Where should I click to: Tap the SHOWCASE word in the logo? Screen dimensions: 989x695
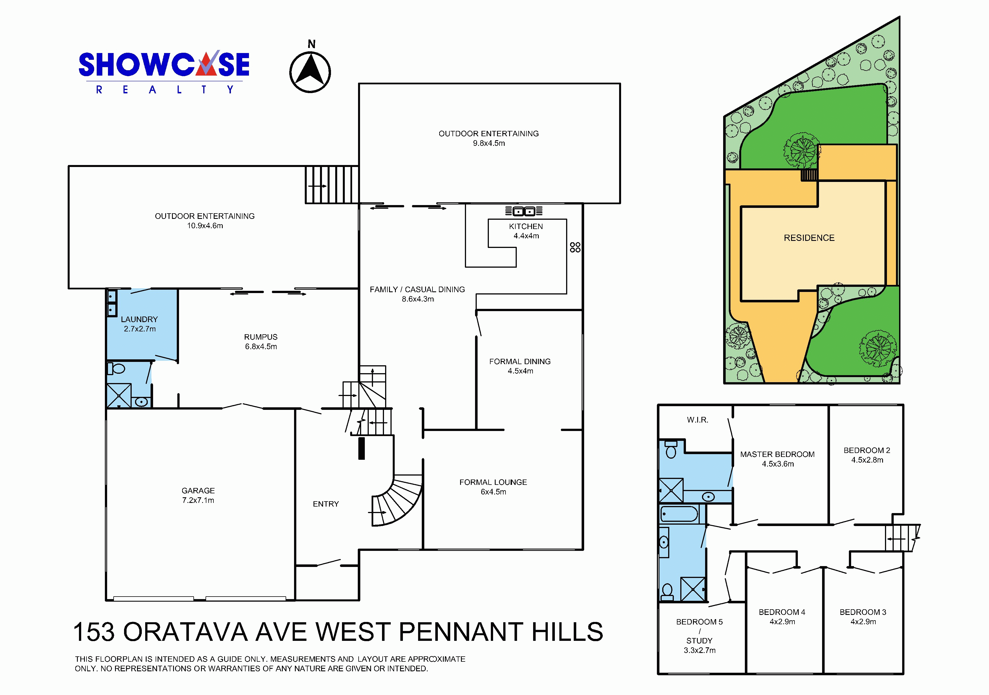click(164, 64)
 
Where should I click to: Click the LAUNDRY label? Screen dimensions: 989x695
click(139, 319)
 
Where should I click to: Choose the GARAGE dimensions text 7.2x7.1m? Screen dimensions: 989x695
click(198, 500)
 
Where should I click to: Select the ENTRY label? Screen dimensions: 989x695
click(326, 504)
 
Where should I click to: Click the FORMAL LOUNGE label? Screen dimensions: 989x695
click(493, 482)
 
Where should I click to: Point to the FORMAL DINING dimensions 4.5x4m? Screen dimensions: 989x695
click(520, 371)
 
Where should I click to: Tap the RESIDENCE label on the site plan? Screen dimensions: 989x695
click(809, 238)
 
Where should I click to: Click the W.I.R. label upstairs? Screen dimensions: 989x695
click(697, 420)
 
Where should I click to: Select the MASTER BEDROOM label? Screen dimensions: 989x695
click(778, 454)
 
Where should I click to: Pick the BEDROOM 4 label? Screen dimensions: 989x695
click(782, 612)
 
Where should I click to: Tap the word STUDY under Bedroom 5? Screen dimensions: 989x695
click(699, 641)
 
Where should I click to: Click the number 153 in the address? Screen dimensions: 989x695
click(94, 632)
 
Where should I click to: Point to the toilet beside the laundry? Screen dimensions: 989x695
click(117, 369)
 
